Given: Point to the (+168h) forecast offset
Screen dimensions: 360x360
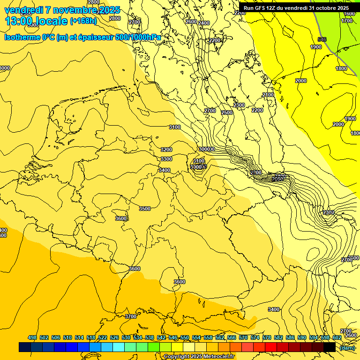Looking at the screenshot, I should [83, 21].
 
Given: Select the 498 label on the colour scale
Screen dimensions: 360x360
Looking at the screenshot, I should [32, 337].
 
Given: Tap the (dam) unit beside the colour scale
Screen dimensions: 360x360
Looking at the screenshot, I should [347, 348].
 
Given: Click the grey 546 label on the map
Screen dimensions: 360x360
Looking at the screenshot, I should [322, 39].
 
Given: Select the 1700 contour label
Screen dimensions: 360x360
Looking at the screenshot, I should [347, 21].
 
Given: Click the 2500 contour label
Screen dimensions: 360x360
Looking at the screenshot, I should [227, 112].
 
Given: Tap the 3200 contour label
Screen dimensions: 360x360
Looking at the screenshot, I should [166, 150].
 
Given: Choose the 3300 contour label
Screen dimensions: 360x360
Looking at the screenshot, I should [166, 159].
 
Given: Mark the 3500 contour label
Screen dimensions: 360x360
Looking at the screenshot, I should [145, 209].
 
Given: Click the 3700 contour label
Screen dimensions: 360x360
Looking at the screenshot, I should [131, 316].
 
